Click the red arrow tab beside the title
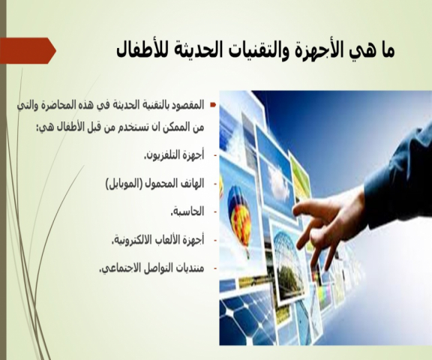(28, 51)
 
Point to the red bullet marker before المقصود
(213, 105)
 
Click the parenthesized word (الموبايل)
(124, 184)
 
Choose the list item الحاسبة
(187, 211)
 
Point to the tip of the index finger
(294, 211)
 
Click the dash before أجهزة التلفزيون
(215, 156)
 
